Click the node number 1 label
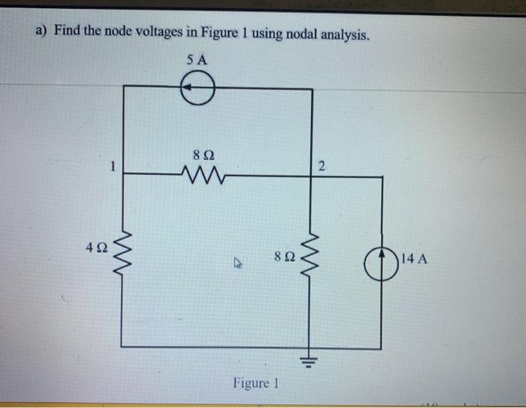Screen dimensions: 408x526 click(110, 168)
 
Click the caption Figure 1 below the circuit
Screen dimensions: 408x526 click(251, 383)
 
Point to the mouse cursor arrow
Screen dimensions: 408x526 click(238, 263)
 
